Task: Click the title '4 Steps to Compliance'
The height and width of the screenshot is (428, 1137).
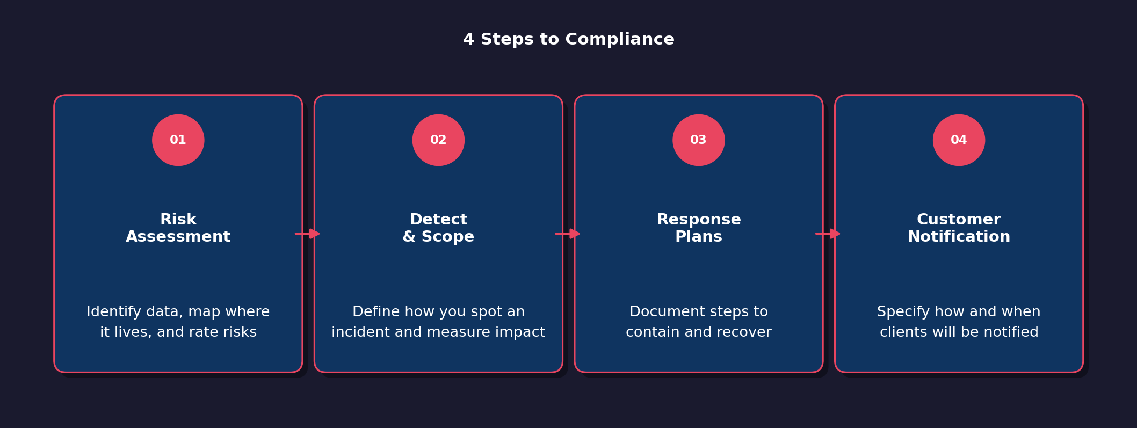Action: tap(568, 40)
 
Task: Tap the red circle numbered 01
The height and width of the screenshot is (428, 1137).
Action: tap(178, 140)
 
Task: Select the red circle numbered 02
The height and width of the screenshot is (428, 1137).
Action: tap(438, 140)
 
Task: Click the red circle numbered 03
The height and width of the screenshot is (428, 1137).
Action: tap(698, 140)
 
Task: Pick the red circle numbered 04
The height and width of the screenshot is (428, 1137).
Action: tap(959, 140)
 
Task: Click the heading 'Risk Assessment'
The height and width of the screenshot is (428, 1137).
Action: tap(178, 228)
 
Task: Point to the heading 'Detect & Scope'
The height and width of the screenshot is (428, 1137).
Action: tap(438, 228)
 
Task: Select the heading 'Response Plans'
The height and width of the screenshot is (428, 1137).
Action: tap(698, 228)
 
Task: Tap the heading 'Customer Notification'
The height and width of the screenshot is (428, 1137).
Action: tap(959, 228)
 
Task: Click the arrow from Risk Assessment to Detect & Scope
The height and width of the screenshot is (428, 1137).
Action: tap(308, 234)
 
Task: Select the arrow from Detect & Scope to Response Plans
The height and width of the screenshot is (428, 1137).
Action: tap(568, 234)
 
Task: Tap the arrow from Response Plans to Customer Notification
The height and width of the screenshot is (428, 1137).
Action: tap(828, 234)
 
